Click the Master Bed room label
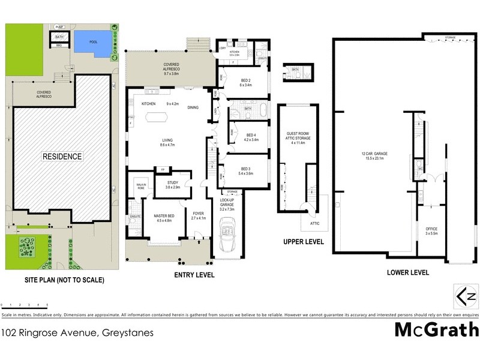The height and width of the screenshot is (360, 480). [164, 218]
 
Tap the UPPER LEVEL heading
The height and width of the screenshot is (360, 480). [304, 242]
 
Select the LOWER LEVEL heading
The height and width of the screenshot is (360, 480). [408, 272]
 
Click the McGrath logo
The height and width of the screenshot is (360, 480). [436, 330]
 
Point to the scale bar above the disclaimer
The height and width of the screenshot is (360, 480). [24, 306]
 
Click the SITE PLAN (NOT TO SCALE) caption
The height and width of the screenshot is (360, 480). [64, 280]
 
